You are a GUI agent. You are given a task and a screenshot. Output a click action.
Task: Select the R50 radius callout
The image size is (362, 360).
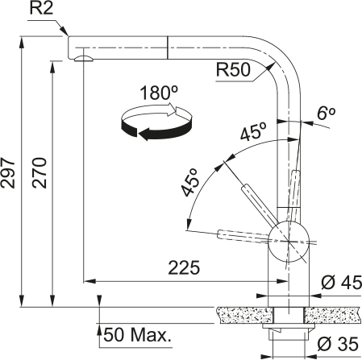coord(232,70)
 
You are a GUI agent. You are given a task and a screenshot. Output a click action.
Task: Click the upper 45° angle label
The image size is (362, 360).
coord(253,136)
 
